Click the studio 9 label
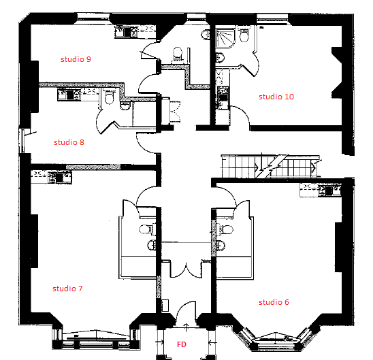click(x=76, y=59)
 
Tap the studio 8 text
click(x=69, y=142)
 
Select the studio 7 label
click(x=67, y=289)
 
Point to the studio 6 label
click(x=274, y=302)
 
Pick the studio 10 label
click(x=276, y=97)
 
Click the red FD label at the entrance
click(x=182, y=344)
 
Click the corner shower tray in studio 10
click(x=225, y=39)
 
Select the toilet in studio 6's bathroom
click(x=225, y=230)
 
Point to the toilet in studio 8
click(x=109, y=97)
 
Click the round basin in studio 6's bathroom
click(x=221, y=246)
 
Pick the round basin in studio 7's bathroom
click(x=152, y=245)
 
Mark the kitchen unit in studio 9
click(x=135, y=32)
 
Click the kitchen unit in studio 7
click(x=51, y=177)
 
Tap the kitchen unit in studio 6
click(x=320, y=190)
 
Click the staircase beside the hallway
click(x=271, y=166)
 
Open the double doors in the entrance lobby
click(x=186, y=270)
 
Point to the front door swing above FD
click(x=186, y=314)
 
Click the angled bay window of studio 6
click(x=275, y=339)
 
